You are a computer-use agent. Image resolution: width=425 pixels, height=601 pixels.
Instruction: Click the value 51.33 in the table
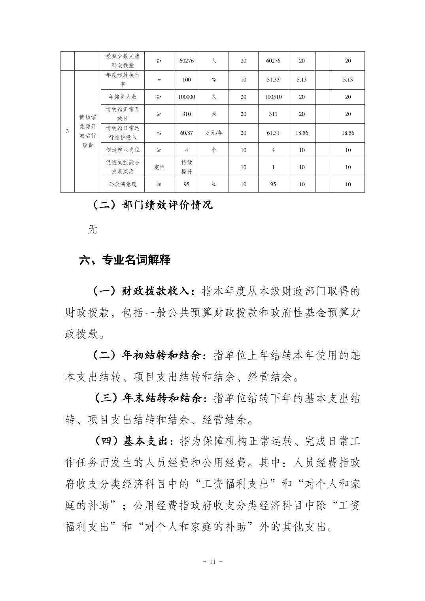click(273, 79)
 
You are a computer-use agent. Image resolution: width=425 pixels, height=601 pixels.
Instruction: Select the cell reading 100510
click(273, 97)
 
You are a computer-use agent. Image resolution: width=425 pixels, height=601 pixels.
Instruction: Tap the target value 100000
click(187, 97)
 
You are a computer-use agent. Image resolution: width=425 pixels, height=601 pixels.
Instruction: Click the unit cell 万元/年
click(214, 133)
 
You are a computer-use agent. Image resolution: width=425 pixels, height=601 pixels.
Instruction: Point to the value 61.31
click(273, 133)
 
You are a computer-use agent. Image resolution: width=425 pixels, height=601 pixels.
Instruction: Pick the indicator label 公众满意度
click(123, 184)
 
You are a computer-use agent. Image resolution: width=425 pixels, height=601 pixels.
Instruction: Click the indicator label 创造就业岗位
click(123, 150)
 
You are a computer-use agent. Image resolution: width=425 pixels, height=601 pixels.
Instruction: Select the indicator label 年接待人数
click(123, 97)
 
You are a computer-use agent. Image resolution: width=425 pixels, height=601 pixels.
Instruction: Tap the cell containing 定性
click(159, 167)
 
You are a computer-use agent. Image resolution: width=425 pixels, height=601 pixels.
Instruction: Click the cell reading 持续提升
click(187, 167)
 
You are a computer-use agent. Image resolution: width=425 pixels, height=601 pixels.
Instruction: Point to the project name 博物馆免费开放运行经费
click(87, 131)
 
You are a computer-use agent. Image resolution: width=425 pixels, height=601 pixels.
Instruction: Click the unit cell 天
click(214, 114)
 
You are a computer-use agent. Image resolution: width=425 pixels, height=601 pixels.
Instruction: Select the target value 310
click(187, 114)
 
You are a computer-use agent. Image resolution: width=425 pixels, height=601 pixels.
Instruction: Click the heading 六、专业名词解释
click(125, 260)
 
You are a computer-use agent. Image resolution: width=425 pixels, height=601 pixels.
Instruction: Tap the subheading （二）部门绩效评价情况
click(153, 204)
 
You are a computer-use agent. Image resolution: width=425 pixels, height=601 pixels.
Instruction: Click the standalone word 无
click(93, 229)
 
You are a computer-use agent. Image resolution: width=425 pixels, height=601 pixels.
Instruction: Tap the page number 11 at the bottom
click(212, 561)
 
